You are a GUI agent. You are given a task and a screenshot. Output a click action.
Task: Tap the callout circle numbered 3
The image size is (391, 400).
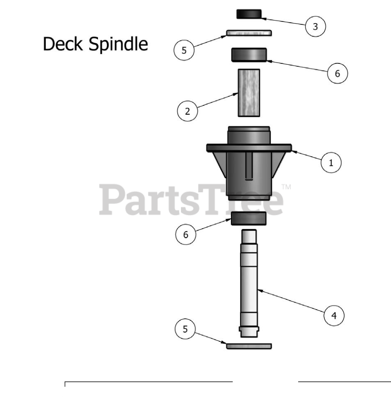click(316, 27)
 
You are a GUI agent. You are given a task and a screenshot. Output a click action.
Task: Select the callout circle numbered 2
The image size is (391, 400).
click(187, 111)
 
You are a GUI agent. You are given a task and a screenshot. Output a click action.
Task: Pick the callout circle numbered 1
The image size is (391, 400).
click(331, 163)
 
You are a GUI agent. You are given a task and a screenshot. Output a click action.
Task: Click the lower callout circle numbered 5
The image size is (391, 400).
click(185, 329)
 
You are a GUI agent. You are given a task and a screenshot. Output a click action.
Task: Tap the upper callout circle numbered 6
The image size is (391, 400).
click(337, 74)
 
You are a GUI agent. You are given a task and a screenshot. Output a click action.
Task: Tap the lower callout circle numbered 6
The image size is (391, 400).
click(186, 235)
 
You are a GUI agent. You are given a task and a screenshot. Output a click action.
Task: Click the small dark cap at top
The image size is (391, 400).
click(249, 14)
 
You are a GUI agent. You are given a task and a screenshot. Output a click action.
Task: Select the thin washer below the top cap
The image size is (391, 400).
click(249, 33)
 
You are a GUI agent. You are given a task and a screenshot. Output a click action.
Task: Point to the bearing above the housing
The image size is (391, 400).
click(249, 55)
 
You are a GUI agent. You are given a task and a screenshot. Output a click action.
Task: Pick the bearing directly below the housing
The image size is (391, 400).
click(249, 219)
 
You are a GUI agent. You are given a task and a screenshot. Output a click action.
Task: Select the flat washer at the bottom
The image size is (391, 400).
click(249, 346)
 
